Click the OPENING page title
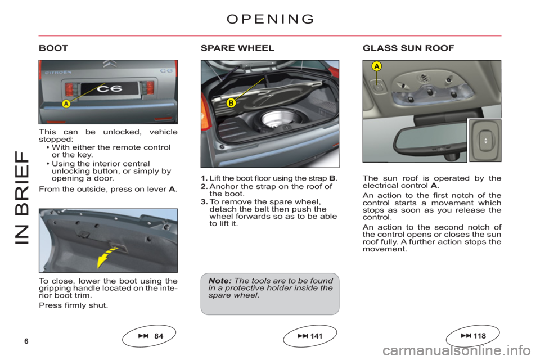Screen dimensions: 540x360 [x=271, y=19]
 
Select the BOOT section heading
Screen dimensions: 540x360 [x=53, y=48]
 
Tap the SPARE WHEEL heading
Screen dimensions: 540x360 [x=237, y=48]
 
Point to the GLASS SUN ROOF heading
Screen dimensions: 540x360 [x=408, y=48]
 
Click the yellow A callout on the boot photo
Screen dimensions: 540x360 [x=66, y=103]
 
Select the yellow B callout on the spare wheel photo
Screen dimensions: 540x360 [x=231, y=103]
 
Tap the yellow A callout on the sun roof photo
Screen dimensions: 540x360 [x=377, y=66]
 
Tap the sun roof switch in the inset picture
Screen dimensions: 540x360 [x=485, y=141]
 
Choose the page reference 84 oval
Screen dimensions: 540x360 [x=149, y=336]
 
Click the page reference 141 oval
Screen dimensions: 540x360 [x=310, y=336]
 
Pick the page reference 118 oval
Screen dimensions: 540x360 [x=473, y=336]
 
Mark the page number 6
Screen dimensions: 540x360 [x=26, y=341]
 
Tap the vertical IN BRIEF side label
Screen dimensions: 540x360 [x=22, y=198]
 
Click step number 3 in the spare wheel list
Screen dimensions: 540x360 [x=204, y=201]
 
